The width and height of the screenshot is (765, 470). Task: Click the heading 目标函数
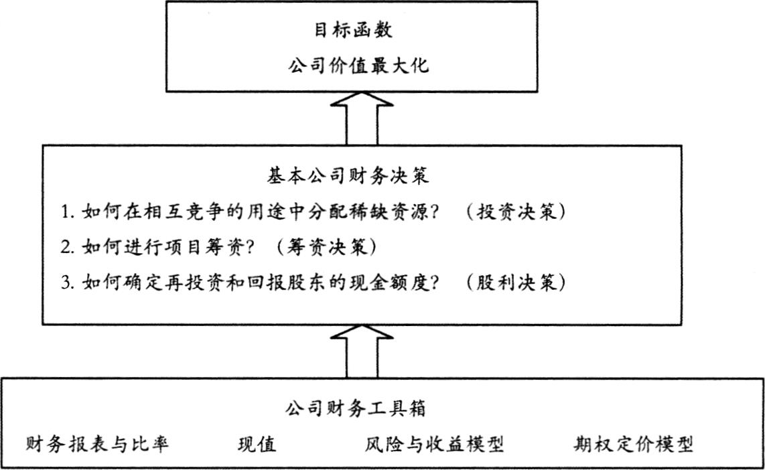click(x=353, y=30)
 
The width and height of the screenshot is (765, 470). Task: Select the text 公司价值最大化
click(x=358, y=66)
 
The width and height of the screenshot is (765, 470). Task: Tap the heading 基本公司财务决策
click(x=348, y=176)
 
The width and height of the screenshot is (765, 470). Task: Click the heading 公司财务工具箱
click(x=356, y=408)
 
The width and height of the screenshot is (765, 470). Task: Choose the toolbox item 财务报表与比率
click(x=96, y=444)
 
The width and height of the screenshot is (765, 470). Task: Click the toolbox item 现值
click(x=257, y=444)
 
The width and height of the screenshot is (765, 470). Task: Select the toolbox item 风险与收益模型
click(x=434, y=444)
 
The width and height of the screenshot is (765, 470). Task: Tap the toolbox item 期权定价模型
click(x=633, y=444)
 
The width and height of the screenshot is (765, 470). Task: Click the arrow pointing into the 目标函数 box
click(x=362, y=119)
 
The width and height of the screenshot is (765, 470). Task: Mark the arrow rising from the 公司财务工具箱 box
click(x=362, y=351)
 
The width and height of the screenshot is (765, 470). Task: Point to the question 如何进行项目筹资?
click(x=168, y=247)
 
